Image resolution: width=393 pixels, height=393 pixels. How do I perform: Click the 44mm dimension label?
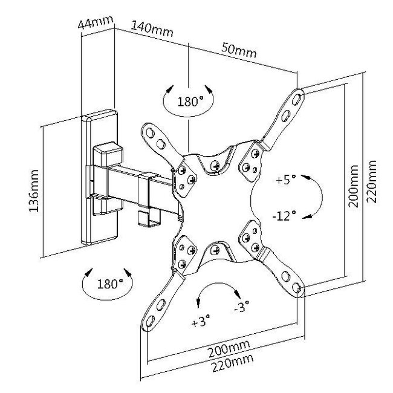96,22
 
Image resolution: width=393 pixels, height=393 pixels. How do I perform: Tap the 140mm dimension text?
152,29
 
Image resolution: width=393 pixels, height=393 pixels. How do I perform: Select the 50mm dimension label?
239,50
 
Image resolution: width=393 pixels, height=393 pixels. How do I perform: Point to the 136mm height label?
34,190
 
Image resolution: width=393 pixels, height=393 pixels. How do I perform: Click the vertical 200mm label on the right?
353,186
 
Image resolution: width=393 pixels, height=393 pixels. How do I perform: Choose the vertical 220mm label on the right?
371,181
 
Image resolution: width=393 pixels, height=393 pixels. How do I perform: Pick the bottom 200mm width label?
229,348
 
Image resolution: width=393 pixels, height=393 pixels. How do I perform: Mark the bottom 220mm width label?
232,363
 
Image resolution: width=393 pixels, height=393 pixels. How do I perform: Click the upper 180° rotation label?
190,102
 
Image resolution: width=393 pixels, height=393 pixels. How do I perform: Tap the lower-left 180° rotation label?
110,284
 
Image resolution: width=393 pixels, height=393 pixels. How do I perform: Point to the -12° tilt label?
284,216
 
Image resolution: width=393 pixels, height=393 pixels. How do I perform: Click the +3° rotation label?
201,321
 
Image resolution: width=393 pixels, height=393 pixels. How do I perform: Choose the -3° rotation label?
242,307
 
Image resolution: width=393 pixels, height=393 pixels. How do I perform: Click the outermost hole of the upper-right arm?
297,99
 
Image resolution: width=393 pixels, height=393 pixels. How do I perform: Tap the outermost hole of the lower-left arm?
150,321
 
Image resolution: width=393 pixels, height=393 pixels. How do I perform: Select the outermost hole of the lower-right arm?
296,287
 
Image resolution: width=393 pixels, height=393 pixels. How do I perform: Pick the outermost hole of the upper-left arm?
150,133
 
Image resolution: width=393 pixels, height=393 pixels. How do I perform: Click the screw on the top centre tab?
215,165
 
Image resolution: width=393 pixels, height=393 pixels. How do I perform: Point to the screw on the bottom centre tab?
215,250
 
